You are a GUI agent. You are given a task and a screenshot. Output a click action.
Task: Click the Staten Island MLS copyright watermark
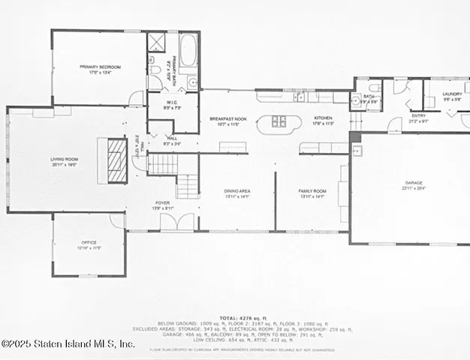pos(68,343)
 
